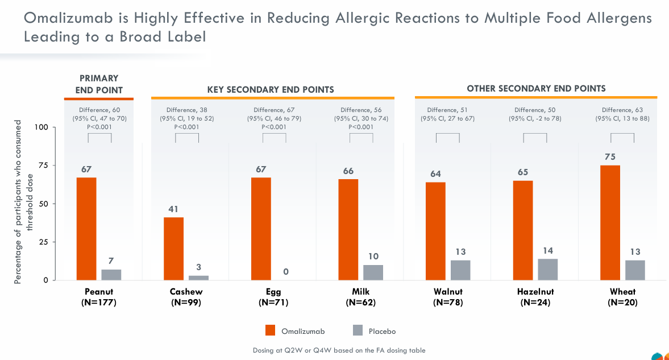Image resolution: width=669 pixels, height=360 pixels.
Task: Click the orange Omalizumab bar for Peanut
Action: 86,229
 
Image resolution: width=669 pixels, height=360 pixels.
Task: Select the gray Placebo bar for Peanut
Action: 111,275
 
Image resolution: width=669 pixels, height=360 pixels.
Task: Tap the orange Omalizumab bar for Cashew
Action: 174,249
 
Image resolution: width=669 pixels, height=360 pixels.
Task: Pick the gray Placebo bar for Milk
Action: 373,272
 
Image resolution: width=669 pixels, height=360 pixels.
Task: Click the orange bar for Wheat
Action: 610,222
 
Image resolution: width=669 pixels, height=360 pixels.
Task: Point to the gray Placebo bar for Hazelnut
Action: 548,270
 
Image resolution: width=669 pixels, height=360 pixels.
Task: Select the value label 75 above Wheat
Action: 610,157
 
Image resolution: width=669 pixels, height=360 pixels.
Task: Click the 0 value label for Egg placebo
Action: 286,272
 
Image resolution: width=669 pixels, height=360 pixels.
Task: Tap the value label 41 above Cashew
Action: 173,209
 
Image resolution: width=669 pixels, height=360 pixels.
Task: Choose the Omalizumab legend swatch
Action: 271,330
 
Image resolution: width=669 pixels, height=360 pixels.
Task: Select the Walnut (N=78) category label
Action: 447,297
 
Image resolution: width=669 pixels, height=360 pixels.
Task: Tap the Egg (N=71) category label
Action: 273,297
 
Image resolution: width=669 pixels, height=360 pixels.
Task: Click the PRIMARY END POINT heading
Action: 99,84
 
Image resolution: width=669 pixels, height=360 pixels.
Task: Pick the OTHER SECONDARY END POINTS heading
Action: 536,89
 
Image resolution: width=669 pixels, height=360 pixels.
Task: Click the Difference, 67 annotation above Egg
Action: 274,118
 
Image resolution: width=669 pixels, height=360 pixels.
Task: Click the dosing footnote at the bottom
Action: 339,350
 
